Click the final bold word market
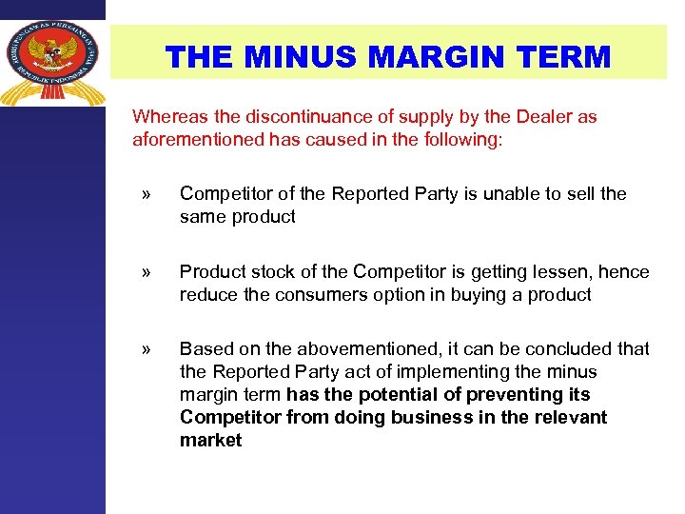tap(210, 441)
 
